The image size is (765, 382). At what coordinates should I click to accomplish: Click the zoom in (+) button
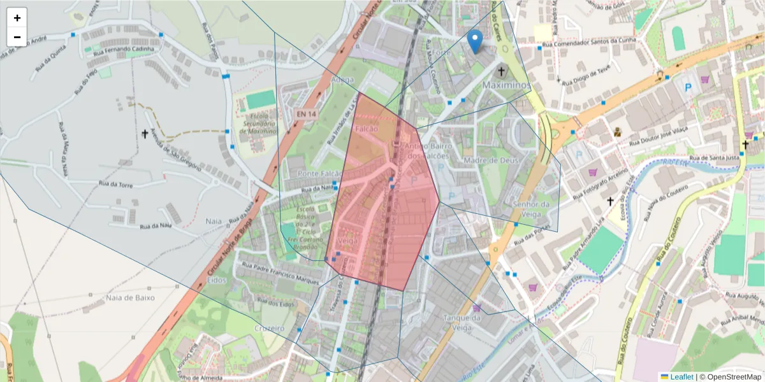pos(17,18)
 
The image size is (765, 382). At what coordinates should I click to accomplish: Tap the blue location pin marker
pos(474,41)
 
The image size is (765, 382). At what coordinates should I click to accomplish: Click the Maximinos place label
pos(506,85)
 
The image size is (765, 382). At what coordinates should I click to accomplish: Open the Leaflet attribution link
pos(681,377)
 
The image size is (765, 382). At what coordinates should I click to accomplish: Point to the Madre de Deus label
pos(492,160)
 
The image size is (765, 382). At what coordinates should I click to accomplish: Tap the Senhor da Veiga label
pos(530,209)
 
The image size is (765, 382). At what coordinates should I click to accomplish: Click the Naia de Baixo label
pos(131,297)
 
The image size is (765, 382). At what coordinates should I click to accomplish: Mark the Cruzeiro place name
pos(268,328)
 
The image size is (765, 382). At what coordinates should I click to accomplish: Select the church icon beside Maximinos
pos(502,72)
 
